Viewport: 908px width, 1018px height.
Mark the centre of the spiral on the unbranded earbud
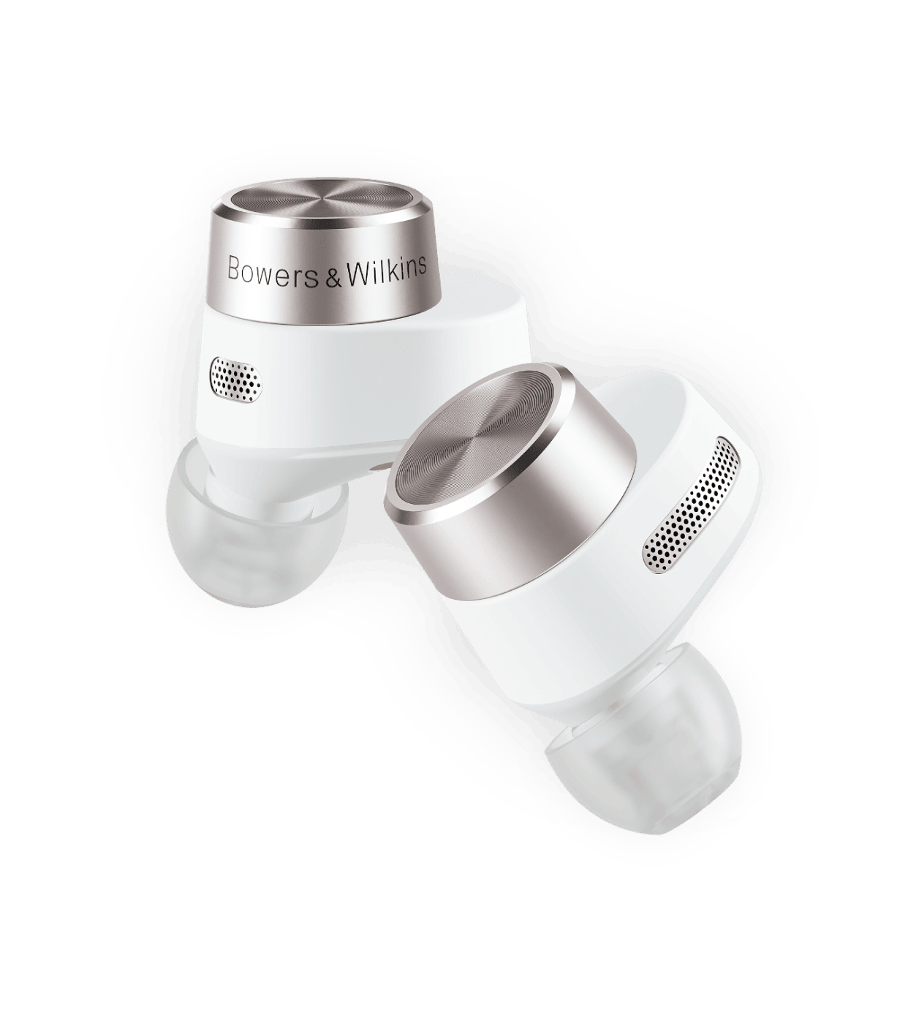475,448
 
